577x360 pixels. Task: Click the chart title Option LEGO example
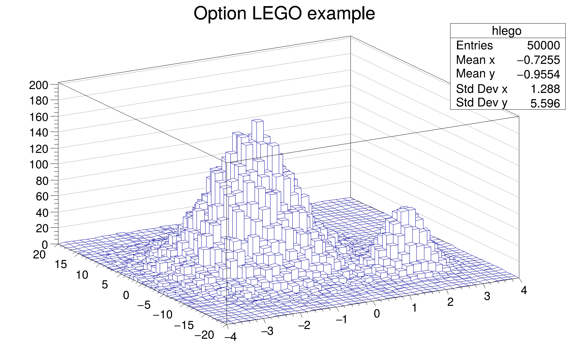[284, 14]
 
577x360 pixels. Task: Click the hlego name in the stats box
[506, 31]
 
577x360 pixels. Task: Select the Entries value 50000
[543, 45]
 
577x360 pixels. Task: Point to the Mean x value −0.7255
[538, 60]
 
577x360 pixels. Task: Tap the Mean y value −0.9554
[538, 75]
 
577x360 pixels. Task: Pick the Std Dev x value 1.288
[545, 89]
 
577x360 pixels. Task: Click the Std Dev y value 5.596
[545, 104]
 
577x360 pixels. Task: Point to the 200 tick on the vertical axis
[39, 85]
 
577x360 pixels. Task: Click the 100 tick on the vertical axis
[39, 165]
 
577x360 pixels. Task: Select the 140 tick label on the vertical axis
[39, 133]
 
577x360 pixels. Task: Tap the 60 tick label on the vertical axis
[42, 196]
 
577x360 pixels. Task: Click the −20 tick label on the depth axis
[204, 335]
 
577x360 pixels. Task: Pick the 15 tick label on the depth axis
[61, 265]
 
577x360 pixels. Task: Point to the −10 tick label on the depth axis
[163, 315]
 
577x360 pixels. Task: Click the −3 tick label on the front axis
[267, 331]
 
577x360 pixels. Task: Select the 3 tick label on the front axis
[487, 296]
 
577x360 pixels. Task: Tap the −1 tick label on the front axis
[341, 320]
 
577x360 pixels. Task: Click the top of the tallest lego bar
[258, 121]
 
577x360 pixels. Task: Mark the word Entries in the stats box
[474, 45]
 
